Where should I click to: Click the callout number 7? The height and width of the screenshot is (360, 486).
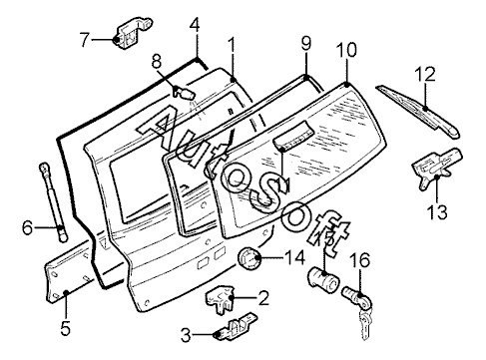[x=85, y=40]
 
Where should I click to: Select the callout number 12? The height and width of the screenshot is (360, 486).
[x=425, y=74]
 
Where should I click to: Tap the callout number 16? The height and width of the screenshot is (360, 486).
[x=359, y=260]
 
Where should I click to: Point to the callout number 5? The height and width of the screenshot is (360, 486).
[x=66, y=329]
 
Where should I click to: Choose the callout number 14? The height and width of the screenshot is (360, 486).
[x=294, y=257]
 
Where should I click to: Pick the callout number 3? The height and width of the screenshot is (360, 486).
[x=186, y=335]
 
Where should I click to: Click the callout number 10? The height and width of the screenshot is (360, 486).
[x=346, y=50]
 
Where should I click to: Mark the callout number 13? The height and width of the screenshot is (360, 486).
[x=437, y=212]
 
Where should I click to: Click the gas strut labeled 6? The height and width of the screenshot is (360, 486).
[x=54, y=202]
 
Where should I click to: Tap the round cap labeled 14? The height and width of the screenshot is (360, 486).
[x=249, y=259]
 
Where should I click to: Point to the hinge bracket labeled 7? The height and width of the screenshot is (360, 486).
[x=133, y=33]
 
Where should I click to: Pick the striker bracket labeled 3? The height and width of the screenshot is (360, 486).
[x=235, y=327]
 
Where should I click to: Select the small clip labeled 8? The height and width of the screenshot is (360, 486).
[x=184, y=92]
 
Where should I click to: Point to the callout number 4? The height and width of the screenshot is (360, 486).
[x=195, y=25]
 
